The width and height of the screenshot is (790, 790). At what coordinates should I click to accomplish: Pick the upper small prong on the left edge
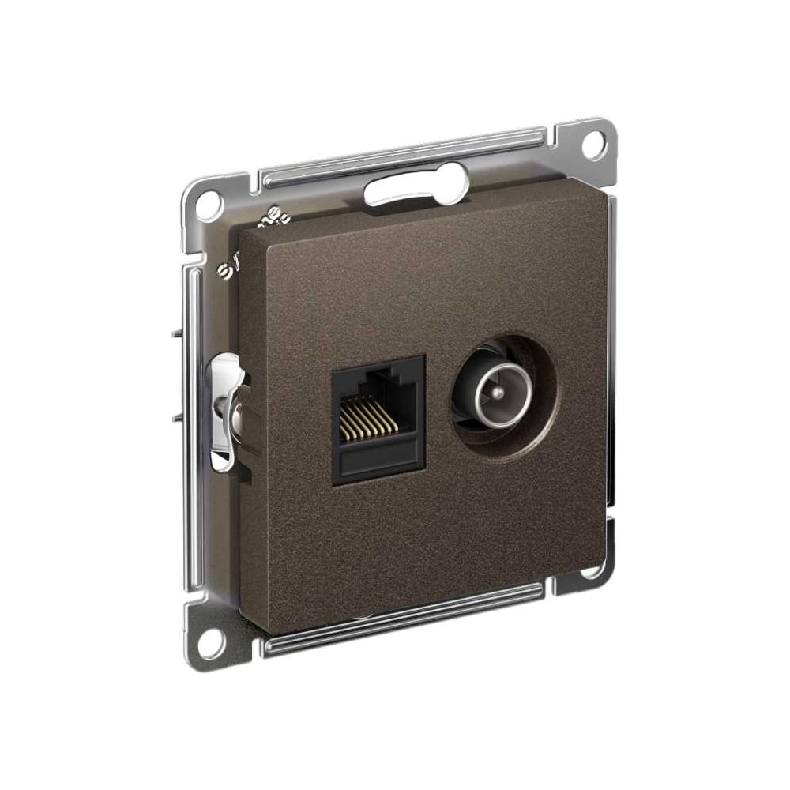coord(176,336)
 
